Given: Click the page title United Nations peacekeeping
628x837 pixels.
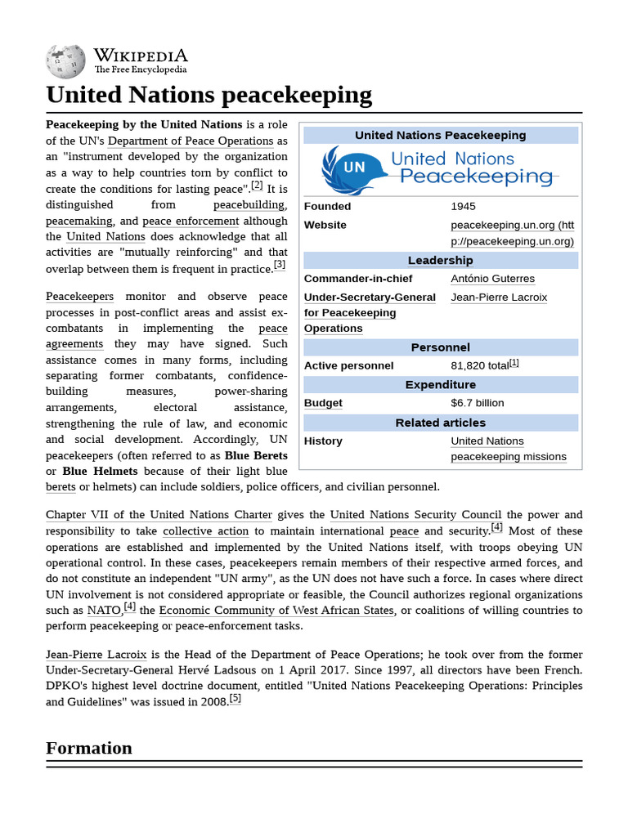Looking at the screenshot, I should pyautogui.click(x=209, y=96).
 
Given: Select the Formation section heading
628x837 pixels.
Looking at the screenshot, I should pyautogui.click(x=89, y=748).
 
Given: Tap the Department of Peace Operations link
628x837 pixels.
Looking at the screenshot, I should pyautogui.click(x=191, y=141).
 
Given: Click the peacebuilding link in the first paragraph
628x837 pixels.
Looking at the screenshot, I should pyautogui.click(x=249, y=204).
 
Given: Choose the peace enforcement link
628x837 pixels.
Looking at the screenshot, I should pyautogui.click(x=191, y=221).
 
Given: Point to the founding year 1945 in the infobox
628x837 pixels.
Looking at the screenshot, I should pyautogui.click(x=462, y=206).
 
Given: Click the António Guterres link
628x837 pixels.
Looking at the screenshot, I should pyautogui.click(x=492, y=279).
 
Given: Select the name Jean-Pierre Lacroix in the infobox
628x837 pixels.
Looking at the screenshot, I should pyautogui.click(x=499, y=298).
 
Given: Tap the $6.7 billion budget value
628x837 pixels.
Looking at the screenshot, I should pyautogui.click(x=478, y=403).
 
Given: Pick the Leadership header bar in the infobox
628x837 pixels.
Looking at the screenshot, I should pyautogui.click(x=440, y=261).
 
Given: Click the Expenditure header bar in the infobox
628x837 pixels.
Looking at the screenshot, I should pyautogui.click(x=440, y=385).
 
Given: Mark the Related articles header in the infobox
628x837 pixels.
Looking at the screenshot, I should pyautogui.click(x=440, y=423).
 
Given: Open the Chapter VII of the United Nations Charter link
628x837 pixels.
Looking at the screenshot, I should pyautogui.click(x=159, y=515).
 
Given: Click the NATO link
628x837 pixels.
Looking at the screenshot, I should pyautogui.click(x=103, y=611).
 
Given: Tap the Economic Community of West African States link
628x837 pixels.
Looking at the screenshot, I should pyautogui.click(x=276, y=611).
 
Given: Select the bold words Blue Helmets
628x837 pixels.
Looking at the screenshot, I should pyautogui.click(x=100, y=472).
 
